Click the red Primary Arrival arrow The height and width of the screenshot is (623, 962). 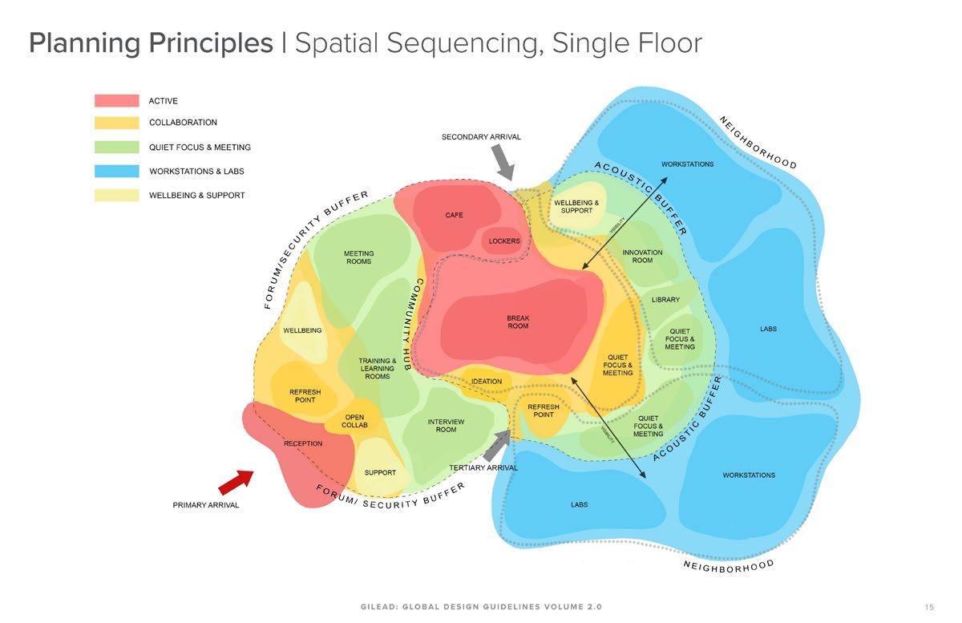235,482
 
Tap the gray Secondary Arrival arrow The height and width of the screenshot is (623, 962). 503,164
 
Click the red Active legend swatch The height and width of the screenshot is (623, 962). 117,101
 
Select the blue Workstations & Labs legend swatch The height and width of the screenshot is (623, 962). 117,171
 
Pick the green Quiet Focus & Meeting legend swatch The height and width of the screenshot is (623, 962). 117,148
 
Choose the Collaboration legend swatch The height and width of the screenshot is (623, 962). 117,123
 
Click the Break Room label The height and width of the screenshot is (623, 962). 518,322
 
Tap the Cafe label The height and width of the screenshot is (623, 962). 454,215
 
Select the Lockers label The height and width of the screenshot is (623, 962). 504,241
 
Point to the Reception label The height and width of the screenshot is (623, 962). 303,443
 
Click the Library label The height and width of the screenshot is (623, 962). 665,300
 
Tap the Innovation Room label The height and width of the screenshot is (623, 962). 642,257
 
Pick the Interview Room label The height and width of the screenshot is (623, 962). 446,426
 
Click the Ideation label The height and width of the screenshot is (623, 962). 487,382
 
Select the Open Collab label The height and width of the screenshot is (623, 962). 354,421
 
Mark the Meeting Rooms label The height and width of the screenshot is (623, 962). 358,257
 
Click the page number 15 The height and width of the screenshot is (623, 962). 929,606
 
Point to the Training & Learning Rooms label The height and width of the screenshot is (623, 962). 377,369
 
